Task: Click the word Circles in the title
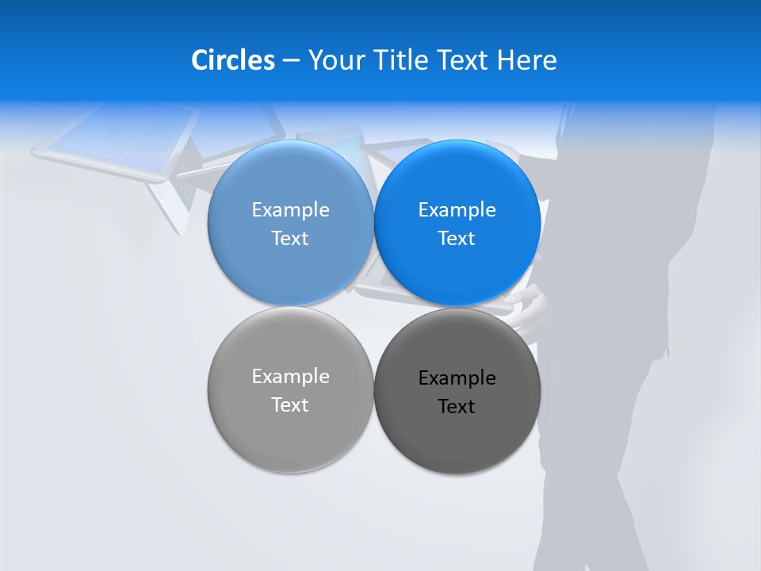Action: coord(233,60)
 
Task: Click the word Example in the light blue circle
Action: coord(290,210)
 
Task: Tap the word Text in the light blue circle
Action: coord(290,239)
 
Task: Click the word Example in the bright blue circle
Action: coord(457,210)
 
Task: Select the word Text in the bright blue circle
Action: coord(457,239)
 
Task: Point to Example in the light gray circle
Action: coord(290,377)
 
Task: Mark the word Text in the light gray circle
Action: coord(290,405)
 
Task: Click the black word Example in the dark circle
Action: coord(457,378)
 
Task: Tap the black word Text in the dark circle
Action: coord(457,407)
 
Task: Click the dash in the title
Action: coord(291,60)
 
